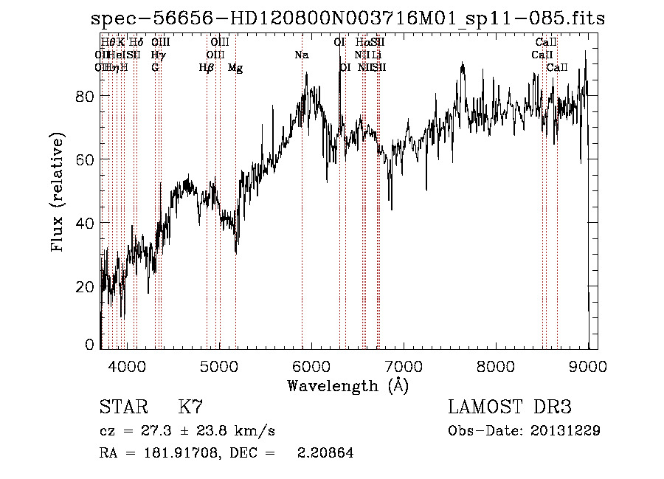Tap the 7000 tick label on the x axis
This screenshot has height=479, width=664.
(x=404, y=365)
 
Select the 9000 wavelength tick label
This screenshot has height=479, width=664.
(x=588, y=365)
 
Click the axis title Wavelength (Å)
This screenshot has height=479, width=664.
(x=347, y=385)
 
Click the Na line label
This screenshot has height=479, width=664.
(x=301, y=55)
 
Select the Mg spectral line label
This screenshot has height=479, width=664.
(x=235, y=68)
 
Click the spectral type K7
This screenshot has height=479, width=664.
(x=190, y=407)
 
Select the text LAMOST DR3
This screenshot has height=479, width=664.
(x=510, y=407)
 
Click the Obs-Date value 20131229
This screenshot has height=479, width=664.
(x=566, y=430)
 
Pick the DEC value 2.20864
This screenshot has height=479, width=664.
(x=325, y=453)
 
